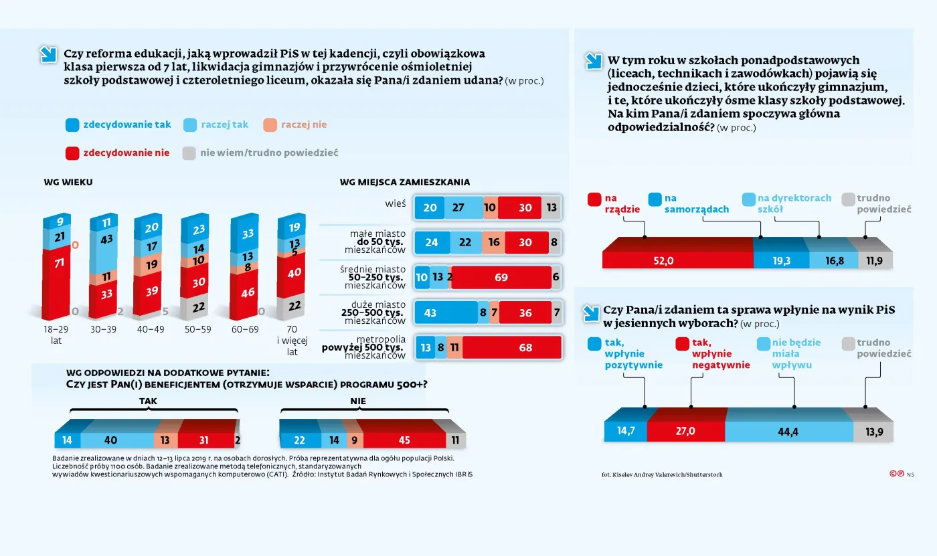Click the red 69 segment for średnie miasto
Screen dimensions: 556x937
click(x=501, y=278)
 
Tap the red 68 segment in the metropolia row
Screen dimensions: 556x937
click(x=511, y=347)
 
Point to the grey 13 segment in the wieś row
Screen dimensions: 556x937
click(x=551, y=208)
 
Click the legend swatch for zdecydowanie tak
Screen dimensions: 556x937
click(x=73, y=124)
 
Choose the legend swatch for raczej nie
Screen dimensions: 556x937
click(x=270, y=124)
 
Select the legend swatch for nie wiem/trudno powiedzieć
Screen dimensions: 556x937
click(x=189, y=153)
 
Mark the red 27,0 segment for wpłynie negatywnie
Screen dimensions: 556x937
click(x=686, y=432)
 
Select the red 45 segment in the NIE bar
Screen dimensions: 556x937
click(x=404, y=440)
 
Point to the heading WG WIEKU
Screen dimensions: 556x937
click(x=68, y=182)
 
